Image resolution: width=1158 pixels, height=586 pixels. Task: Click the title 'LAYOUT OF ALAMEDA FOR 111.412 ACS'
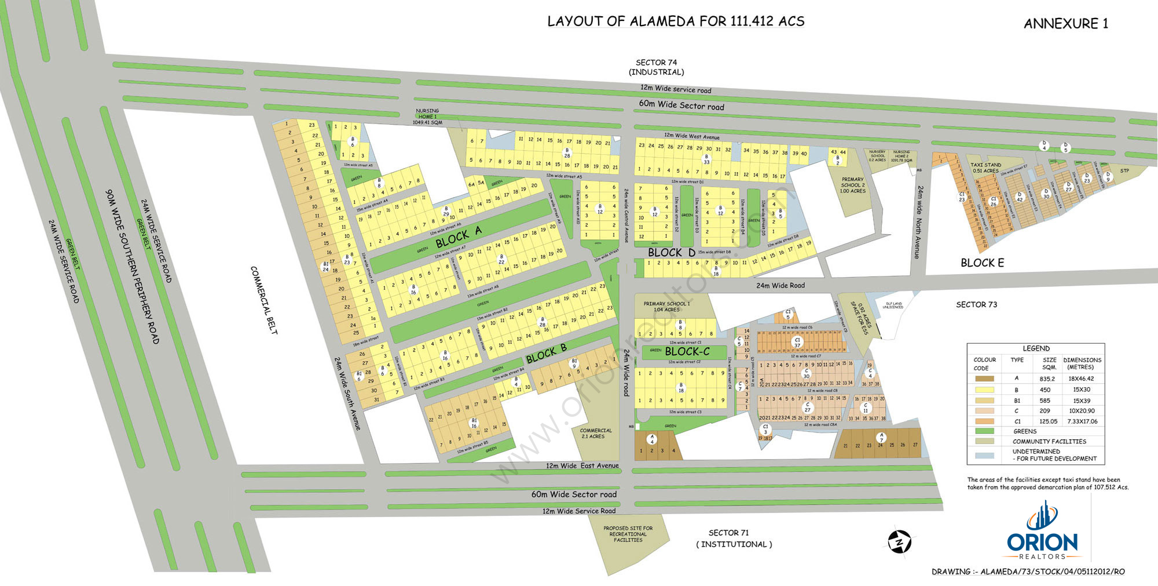pos(676,21)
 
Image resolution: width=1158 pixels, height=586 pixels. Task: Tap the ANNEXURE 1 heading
pos(1065,24)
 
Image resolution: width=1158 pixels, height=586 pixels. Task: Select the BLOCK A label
pos(459,237)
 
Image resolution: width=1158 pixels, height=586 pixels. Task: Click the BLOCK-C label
pos(687,352)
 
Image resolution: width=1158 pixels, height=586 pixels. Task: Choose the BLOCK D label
pos(672,253)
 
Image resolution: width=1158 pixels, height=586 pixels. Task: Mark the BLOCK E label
pos(982,263)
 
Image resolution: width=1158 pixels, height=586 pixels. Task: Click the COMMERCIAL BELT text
pos(264,300)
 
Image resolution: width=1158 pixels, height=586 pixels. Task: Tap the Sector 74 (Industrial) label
pos(656,67)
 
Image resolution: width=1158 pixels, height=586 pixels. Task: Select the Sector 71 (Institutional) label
pos(733,538)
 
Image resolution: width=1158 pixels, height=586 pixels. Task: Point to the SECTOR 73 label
pos(976,305)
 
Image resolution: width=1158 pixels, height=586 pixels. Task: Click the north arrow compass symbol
pos(899,542)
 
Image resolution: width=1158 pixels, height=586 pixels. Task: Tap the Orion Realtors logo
pos(1042,533)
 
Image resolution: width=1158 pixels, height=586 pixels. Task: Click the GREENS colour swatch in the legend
pos(984,431)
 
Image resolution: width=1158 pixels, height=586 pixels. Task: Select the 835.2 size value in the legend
pos(1047,379)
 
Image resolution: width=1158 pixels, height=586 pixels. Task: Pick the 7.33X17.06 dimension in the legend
pos(1083,421)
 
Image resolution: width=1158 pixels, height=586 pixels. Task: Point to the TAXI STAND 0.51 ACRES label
pos(985,168)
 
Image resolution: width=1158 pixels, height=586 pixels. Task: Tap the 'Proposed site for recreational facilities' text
pos(628,534)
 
